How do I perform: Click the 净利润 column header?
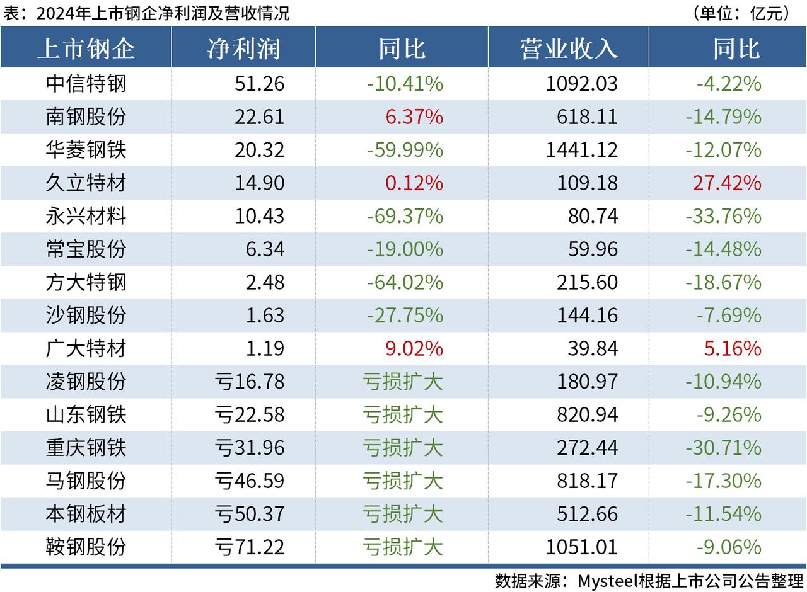tap(243, 48)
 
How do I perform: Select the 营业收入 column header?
tap(569, 48)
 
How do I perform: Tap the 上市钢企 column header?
tap(86, 48)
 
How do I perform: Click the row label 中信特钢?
tap(86, 84)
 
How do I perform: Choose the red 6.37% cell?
tap(414, 117)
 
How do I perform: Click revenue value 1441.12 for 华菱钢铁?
tap(587, 150)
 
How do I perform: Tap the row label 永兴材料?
tap(86, 216)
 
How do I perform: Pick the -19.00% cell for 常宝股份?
tap(405, 249)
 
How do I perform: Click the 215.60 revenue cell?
tap(587, 282)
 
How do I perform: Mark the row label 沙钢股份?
tap(86, 315)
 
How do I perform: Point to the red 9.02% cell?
tap(414, 348)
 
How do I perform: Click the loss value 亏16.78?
tap(250, 381)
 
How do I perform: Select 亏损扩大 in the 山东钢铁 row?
tap(403, 414)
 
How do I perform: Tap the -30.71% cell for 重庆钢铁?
tap(723, 447)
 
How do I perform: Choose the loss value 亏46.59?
tap(250, 481)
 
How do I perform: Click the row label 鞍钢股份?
tap(86, 547)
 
